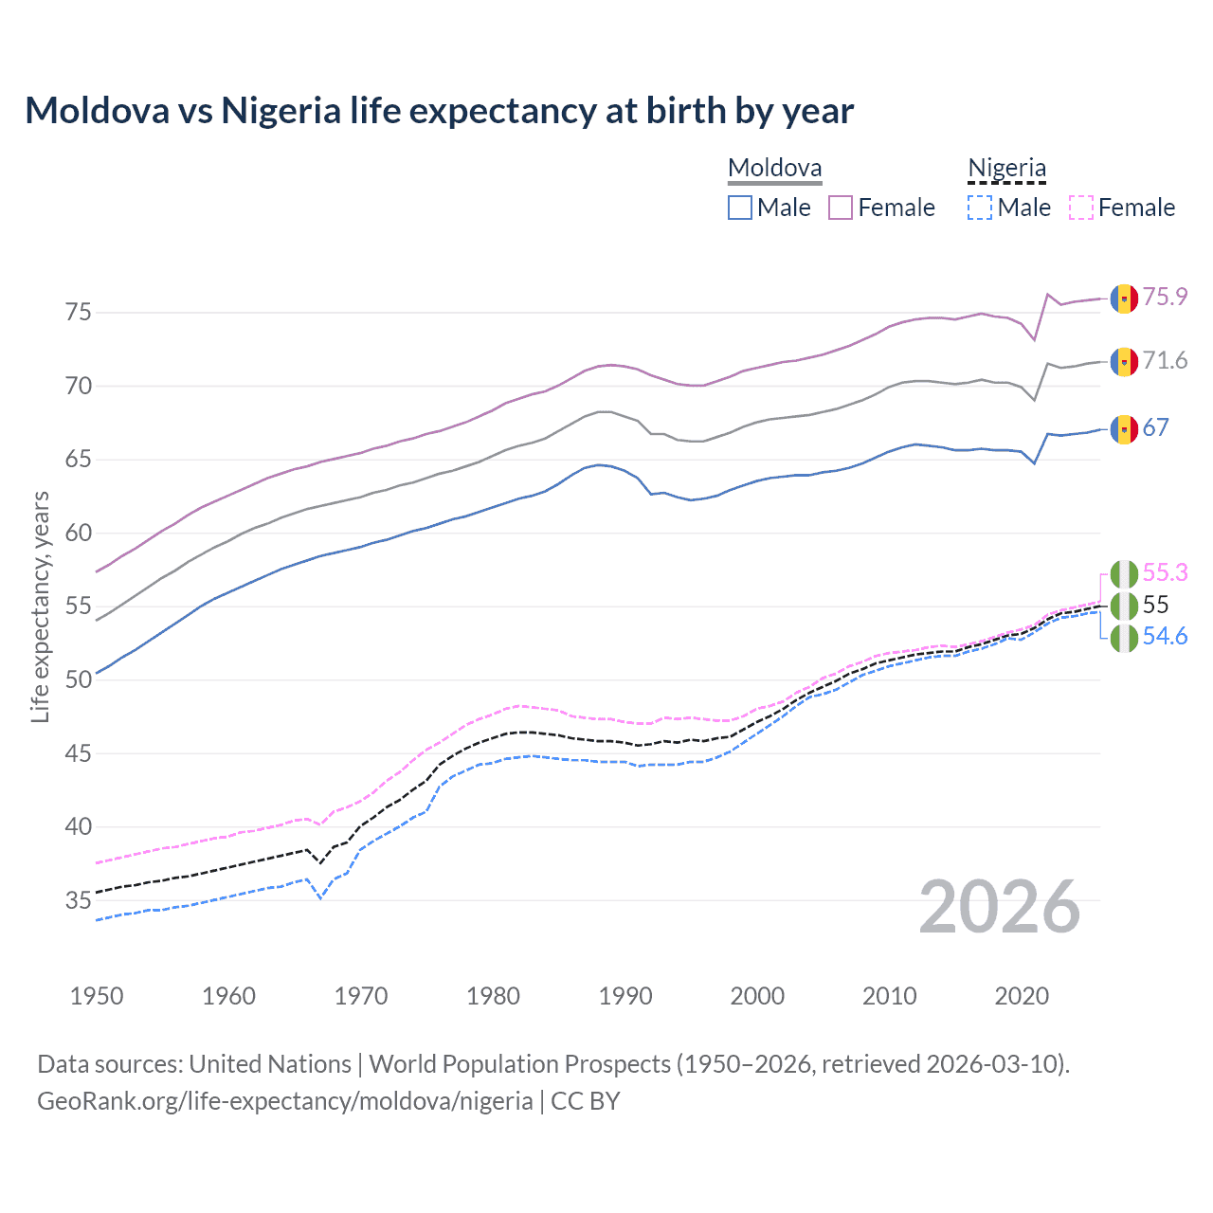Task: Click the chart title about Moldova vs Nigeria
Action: click(x=439, y=111)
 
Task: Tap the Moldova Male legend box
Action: click(x=740, y=208)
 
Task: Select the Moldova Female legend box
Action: click(x=841, y=208)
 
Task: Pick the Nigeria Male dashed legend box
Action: click(x=980, y=208)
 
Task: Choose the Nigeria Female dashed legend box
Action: click(x=1080, y=208)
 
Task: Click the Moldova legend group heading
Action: click(x=774, y=169)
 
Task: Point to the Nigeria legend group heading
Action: click(x=1006, y=169)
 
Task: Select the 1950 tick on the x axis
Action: click(x=97, y=996)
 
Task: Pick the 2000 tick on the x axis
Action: click(x=757, y=996)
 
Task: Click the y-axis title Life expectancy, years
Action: click(x=40, y=606)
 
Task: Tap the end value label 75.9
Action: click(x=1165, y=297)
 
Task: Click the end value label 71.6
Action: click(x=1165, y=360)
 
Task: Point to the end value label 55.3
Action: click(x=1165, y=572)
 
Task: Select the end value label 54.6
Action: click(x=1165, y=636)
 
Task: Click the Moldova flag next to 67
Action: click(x=1124, y=428)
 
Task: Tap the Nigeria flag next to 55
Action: click(x=1124, y=606)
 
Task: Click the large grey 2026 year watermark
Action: click(x=1000, y=907)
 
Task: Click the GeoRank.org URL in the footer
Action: click(x=284, y=1101)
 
